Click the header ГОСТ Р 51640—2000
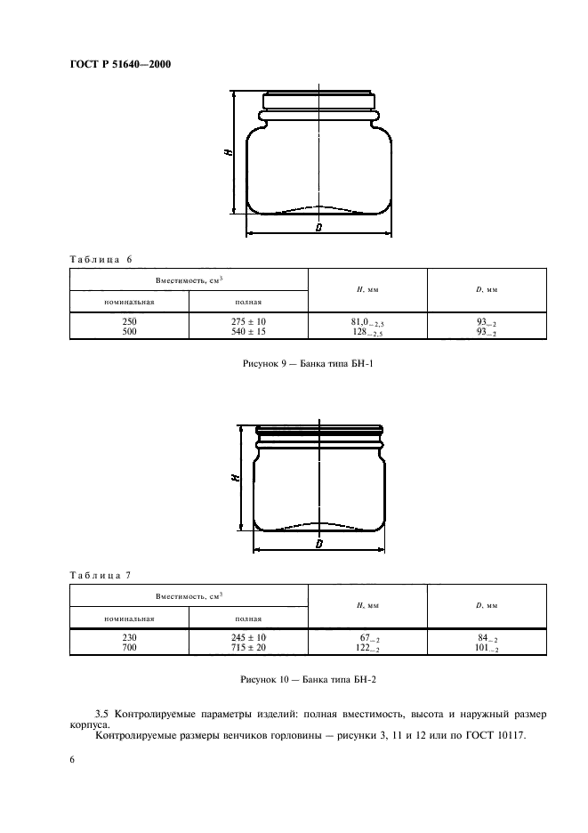121,64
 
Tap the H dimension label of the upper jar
229,152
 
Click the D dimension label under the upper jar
318,228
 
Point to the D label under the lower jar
318,544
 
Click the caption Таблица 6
101,259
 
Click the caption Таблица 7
101,575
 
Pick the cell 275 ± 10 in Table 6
248,321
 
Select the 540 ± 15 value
248,331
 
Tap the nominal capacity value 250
129,321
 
